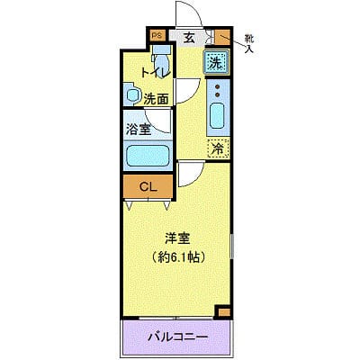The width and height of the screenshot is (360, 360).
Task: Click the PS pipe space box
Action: [157, 37]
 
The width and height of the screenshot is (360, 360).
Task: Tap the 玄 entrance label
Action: [189, 38]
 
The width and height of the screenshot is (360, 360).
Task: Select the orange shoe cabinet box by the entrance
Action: [219, 37]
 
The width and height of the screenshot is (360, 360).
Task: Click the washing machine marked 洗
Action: [216, 62]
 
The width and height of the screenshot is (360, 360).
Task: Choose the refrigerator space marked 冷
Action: [217, 149]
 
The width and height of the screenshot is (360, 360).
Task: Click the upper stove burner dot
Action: [217, 85]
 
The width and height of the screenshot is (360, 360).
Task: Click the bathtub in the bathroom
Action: [147, 156]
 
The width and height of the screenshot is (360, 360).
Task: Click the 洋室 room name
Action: [176, 238]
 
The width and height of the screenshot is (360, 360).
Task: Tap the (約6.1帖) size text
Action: [176, 256]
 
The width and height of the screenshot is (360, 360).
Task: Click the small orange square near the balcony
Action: [223, 311]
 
